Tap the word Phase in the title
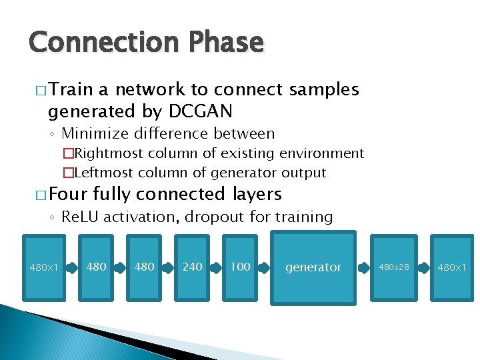tap(227, 42)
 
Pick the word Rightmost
tap(111, 154)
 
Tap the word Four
tap(69, 194)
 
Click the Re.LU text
tap(79, 217)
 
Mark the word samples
tap(323, 89)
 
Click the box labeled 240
tap(192, 267)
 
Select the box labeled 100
tap(240, 267)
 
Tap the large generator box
tap(313, 267)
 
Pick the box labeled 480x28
tap(395, 267)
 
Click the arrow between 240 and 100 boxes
tap(216, 267)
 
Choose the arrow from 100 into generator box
tap(265, 267)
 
